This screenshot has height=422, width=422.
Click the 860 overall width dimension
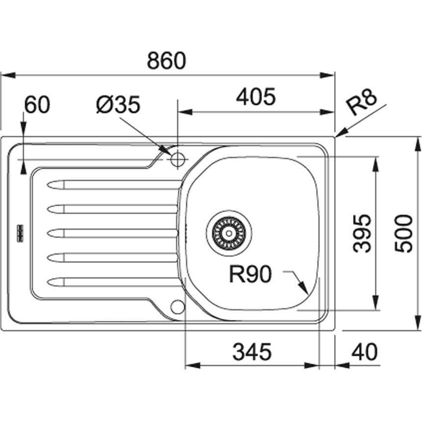pos(167,61)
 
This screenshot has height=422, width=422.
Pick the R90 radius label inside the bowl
pos(250,275)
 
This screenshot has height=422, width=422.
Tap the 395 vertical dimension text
pos(362,233)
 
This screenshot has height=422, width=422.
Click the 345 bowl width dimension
pos(251,351)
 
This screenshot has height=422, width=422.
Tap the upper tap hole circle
pos(177,158)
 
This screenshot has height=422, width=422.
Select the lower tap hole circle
pos(177,307)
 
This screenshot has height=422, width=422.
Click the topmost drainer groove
pos(113,185)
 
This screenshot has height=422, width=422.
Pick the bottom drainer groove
pos(113,282)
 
